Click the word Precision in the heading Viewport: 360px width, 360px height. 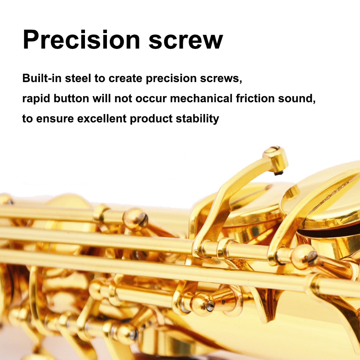coord(81,40)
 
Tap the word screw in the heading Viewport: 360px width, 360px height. coord(186,41)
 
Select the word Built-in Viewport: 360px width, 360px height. coord(42,78)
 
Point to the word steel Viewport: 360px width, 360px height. coord(78,78)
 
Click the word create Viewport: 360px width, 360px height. coord(125,78)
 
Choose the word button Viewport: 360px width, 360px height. coord(71,99)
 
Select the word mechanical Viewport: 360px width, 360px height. coord(201,99)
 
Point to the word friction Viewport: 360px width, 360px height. coord(255,99)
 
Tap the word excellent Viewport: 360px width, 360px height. coord(102,119)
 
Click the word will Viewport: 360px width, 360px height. coord(102,99)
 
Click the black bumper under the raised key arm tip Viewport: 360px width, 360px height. coord(279,173)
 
